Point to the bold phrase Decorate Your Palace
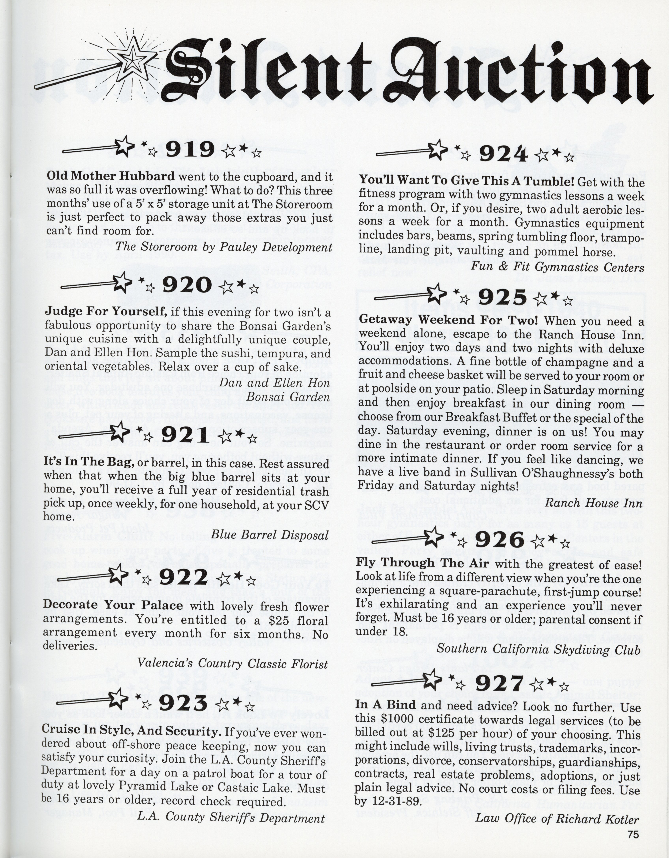pos(113,605)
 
